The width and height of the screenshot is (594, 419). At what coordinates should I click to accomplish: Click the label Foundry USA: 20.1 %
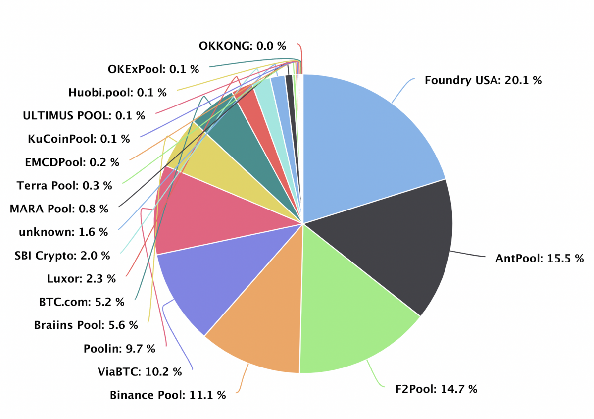coord(483,80)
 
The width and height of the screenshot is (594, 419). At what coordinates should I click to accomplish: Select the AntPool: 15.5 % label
coord(540,259)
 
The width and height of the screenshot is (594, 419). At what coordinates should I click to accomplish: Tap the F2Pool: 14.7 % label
coord(436,389)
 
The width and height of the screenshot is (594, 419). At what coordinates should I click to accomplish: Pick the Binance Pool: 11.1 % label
coord(168,395)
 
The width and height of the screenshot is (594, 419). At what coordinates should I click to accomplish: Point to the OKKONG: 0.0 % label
coord(243,46)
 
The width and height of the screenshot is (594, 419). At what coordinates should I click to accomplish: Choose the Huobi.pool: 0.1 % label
coord(117,92)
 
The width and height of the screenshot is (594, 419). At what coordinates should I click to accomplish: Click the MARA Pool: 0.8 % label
coord(59,209)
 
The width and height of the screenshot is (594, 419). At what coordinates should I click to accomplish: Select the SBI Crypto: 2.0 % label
coord(62,255)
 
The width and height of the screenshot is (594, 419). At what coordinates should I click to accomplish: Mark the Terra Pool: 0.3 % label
coord(64,185)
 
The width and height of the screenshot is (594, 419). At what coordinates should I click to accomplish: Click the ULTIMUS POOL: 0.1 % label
coord(84,115)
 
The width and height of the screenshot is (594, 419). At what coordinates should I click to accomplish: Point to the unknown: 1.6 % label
coord(63,232)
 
